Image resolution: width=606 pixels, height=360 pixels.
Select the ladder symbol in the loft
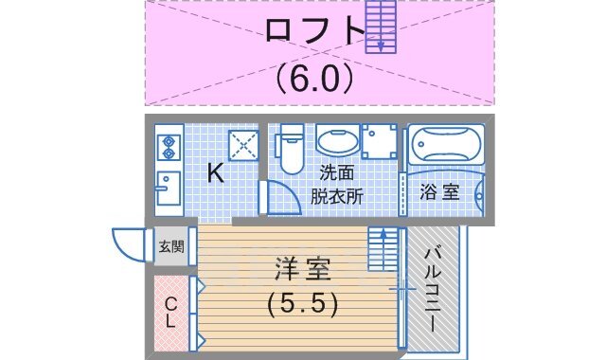point(380,26)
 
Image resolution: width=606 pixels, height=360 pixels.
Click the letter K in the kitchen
point(215,172)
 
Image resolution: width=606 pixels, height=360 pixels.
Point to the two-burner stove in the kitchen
point(169,147)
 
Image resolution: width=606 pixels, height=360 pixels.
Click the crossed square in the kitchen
point(244,145)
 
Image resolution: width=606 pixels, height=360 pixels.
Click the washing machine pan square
point(380,144)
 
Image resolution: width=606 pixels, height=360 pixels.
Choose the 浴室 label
point(440,191)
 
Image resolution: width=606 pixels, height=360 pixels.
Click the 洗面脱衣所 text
point(338,185)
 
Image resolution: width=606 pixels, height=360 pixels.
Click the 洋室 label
point(304,270)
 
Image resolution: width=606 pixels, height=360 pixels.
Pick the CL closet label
point(170,313)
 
